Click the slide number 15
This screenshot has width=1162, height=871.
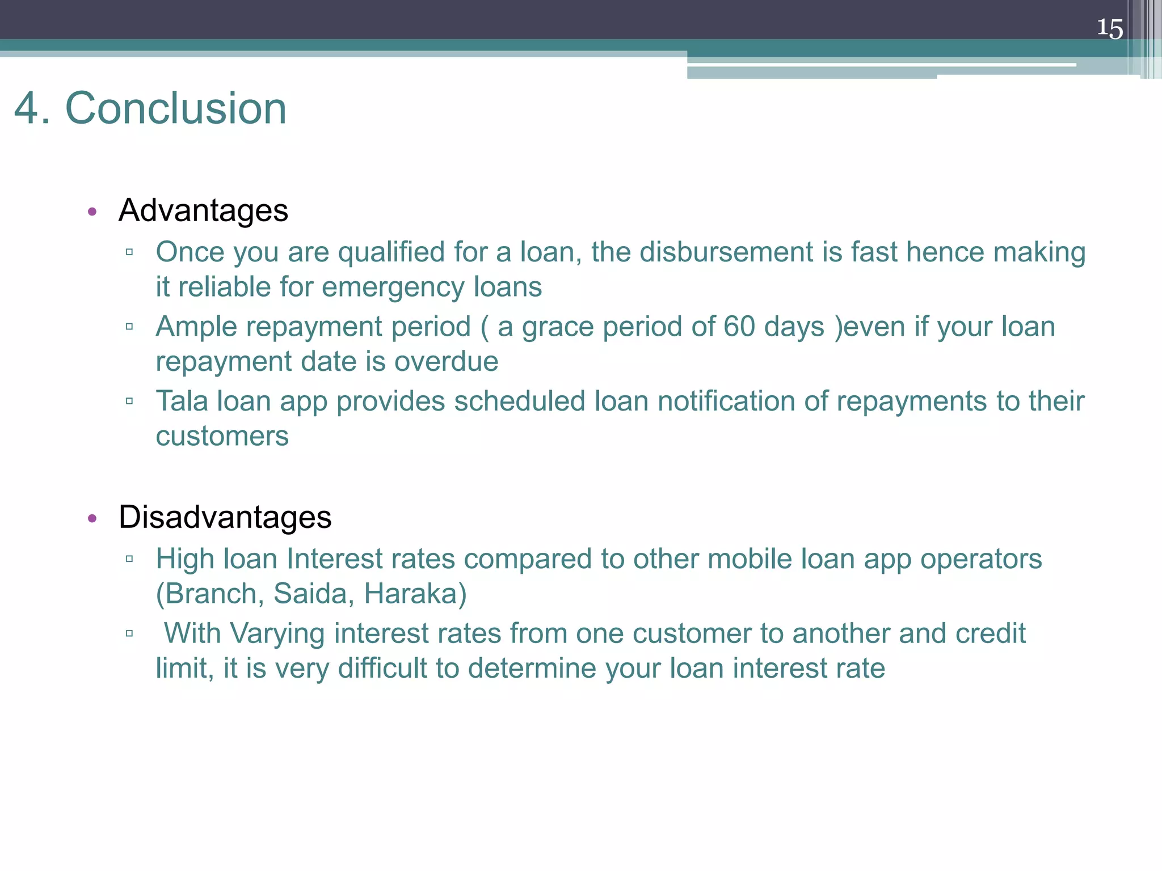click(1109, 28)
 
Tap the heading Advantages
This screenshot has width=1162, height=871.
click(203, 210)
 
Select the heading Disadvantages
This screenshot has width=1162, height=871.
click(225, 517)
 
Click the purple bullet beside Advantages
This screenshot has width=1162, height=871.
click(92, 212)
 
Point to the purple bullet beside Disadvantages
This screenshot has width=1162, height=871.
click(92, 518)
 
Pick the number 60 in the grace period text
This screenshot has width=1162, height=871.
click(739, 327)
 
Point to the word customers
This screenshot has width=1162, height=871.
click(222, 437)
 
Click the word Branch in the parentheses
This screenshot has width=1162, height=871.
click(211, 594)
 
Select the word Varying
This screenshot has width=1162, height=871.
click(277, 633)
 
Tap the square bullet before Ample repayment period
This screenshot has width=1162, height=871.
click(129, 327)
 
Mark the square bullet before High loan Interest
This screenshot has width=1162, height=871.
click(129, 559)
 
